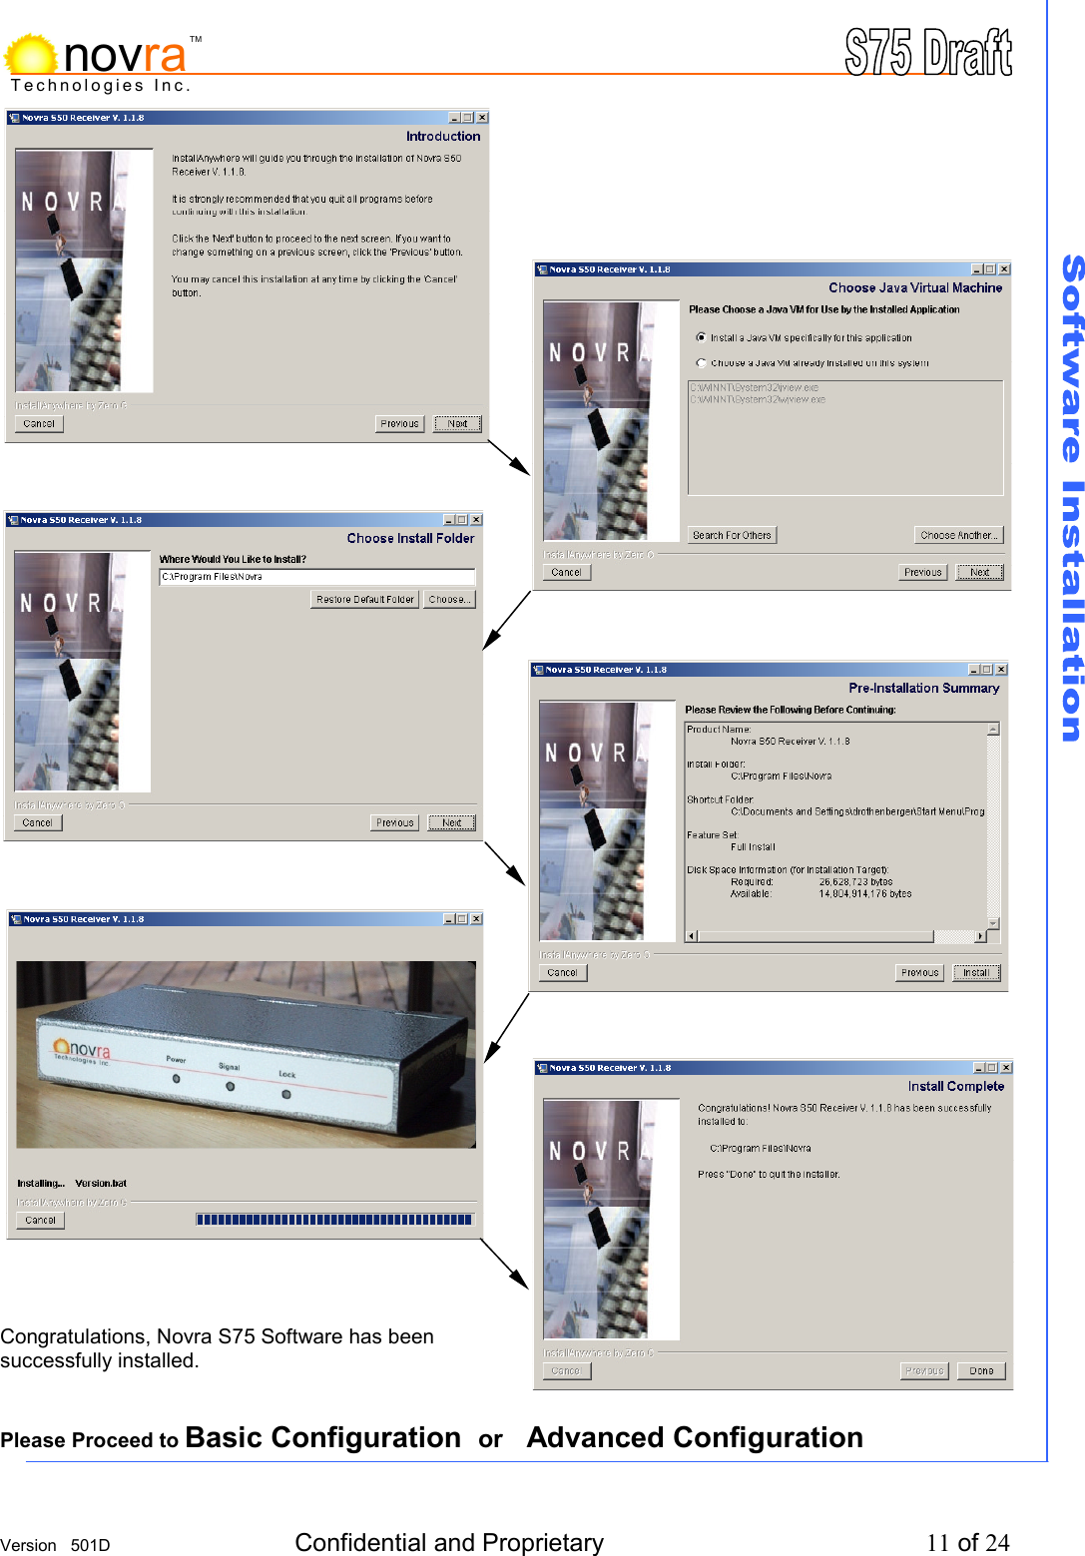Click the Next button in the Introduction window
[x=457, y=424]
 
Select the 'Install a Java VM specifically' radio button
[x=701, y=337]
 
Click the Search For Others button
[x=732, y=535]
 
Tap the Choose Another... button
[x=958, y=535]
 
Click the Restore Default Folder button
[x=364, y=600]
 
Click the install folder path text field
[x=316, y=577]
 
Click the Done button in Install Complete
[x=980, y=1370]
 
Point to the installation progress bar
[x=334, y=1220]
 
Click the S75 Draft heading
[x=927, y=52]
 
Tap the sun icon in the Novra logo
[x=31, y=55]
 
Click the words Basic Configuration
[x=322, y=1438]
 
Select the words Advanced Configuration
[x=695, y=1438]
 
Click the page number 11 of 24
[x=967, y=1543]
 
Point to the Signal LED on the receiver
[x=231, y=1086]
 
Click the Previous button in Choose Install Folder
[x=394, y=823]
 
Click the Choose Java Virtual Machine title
[x=914, y=287]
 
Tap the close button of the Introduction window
[x=482, y=118]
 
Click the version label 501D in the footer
[x=90, y=1545]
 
